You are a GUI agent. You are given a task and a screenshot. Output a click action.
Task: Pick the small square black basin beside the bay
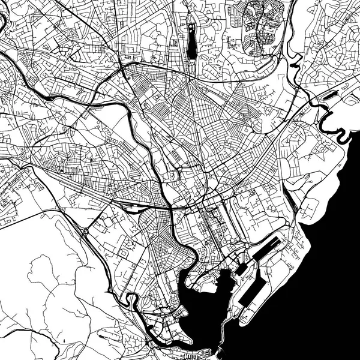[240, 269]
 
